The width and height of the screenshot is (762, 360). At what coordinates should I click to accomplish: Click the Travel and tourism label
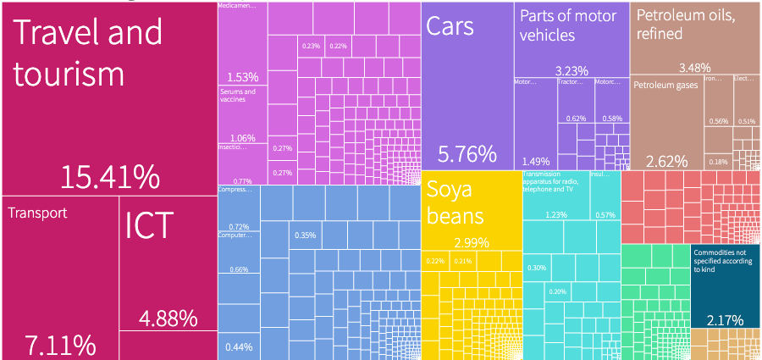tap(87, 53)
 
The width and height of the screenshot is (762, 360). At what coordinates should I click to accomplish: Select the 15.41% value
tap(110, 178)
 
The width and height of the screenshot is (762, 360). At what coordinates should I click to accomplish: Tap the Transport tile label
tap(37, 213)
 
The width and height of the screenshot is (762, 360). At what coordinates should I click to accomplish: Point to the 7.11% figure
tap(59, 345)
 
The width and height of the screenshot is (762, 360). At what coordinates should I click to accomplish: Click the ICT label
tap(149, 226)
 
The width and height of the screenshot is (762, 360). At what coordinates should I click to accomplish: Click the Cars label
tap(450, 26)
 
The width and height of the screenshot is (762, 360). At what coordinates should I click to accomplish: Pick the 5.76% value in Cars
tap(467, 154)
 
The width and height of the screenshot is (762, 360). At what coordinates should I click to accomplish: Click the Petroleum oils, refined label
tap(686, 25)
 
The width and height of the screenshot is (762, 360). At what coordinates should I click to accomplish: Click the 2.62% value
tap(666, 161)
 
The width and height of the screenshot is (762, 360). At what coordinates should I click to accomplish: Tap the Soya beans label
tap(455, 201)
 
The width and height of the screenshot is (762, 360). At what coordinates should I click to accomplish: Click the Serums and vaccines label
tap(237, 95)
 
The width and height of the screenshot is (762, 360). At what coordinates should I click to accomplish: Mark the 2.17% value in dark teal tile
tap(724, 320)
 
